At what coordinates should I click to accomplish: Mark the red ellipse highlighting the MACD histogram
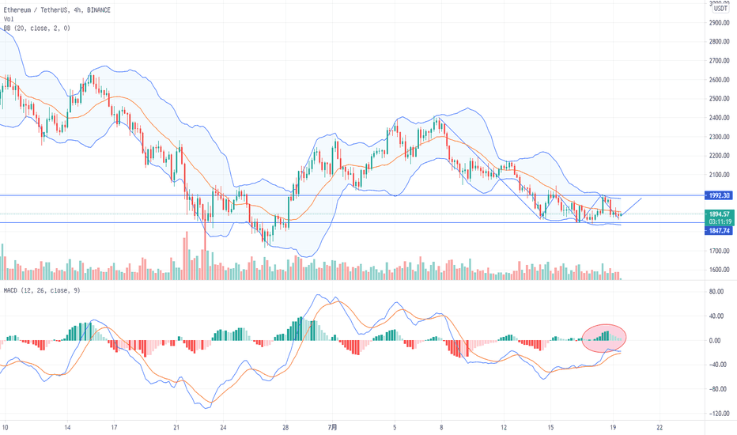pyautogui.click(x=605, y=338)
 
